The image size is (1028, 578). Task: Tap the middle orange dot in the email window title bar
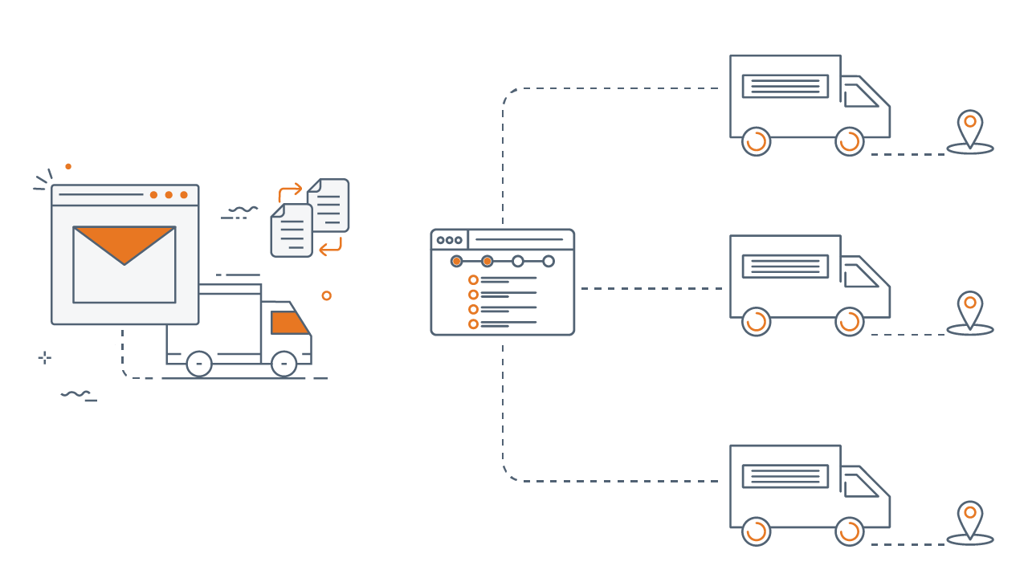click(169, 194)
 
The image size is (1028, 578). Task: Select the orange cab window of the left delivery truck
click(289, 323)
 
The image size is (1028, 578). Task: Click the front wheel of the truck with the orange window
click(284, 364)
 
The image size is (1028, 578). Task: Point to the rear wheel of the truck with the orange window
click(199, 364)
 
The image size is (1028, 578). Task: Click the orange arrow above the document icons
click(289, 192)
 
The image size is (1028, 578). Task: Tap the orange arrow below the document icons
click(330, 247)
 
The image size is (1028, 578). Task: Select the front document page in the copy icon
click(291, 230)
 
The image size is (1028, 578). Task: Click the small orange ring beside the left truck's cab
click(326, 295)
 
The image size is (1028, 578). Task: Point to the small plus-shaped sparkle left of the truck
click(45, 358)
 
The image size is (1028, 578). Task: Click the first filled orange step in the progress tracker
click(456, 261)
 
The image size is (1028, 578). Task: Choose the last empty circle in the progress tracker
click(549, 261)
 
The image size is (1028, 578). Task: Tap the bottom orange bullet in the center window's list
click(473, 324)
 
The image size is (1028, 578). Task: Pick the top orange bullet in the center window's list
click(473, 279)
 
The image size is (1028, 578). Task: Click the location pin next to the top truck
click(970, 128)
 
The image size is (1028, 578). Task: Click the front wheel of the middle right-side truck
click(850, 322)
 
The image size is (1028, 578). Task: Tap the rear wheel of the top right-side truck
click(756, 142)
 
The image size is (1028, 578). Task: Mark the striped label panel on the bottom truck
click(785, 476)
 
